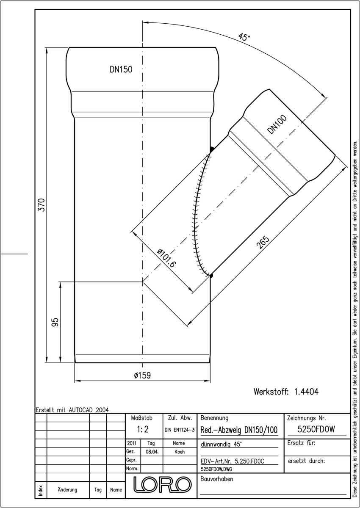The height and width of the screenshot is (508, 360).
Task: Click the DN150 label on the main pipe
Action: (x=121, y=69)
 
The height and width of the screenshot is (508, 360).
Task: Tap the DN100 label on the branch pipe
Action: (x=277, y=124)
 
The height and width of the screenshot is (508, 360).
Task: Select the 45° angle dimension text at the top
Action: (x=244, y=37)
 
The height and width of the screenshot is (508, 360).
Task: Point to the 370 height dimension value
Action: (x=42, y=205)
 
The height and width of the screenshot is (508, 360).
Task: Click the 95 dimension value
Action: (x=55, y=322)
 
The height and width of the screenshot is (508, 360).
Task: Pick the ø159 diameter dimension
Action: (x=142, y=375)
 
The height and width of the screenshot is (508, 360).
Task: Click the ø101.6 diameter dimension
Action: (x=166, y=258)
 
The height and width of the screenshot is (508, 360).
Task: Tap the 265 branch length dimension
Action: (x=263, y=242)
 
